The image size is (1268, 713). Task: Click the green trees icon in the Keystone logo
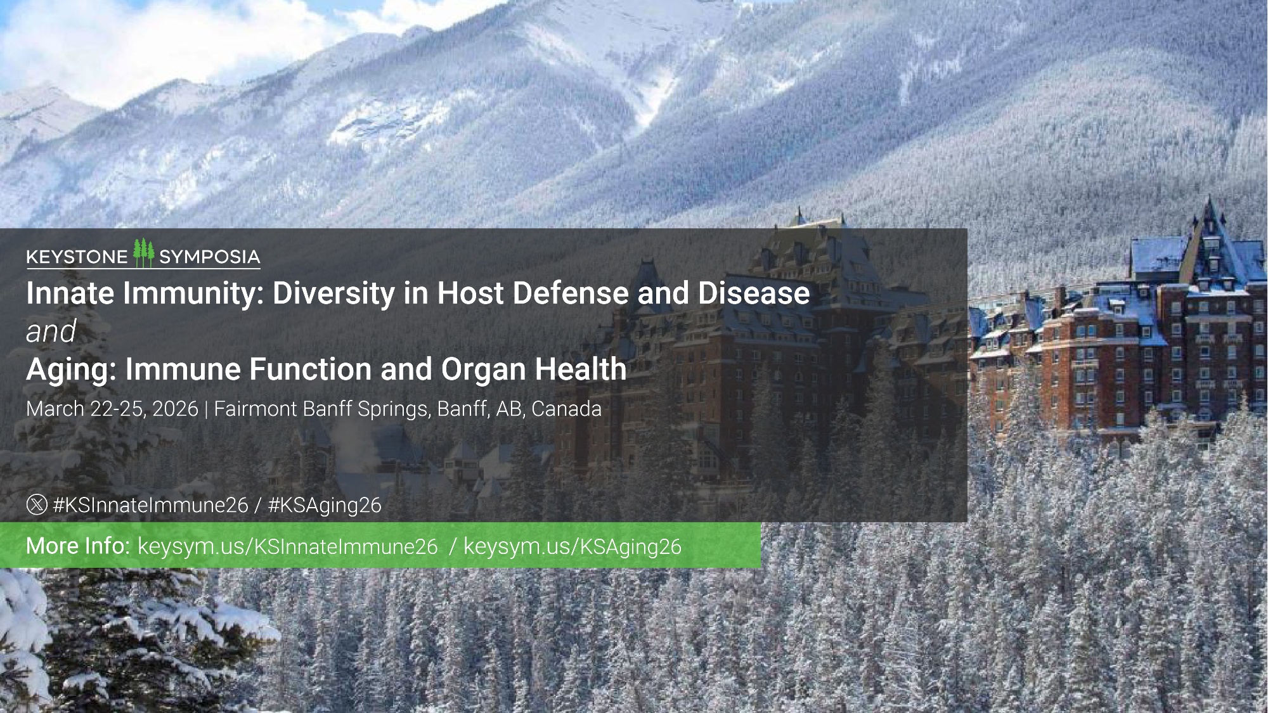point(144,252)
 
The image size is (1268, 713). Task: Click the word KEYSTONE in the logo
point(77,257)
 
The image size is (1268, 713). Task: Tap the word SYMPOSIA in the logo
point(209,257)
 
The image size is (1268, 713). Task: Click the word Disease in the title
point(754,293)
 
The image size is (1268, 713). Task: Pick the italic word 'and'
point(51,331)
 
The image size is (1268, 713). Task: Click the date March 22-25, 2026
point(112,409)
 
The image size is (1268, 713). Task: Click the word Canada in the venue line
point(566,409)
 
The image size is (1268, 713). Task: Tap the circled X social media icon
point(37,505)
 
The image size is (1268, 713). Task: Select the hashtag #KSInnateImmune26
point(150,505)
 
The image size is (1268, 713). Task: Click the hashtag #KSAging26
point(325,505)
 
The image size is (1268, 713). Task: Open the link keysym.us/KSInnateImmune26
point(288,547)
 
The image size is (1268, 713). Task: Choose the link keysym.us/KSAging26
point(573,547)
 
